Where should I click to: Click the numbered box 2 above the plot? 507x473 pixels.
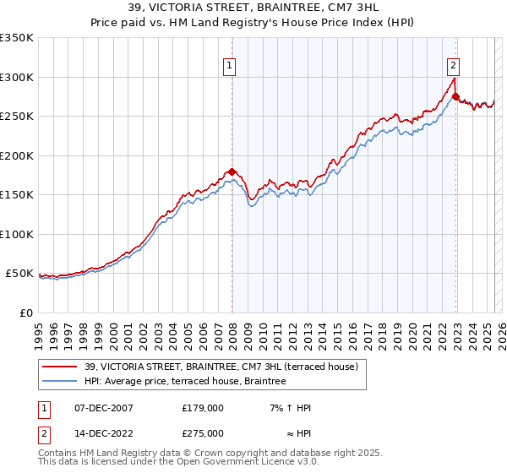(x=454, y=64)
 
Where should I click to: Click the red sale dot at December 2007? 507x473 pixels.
(x=232, y=171)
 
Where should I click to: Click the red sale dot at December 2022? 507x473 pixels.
(x=456, y=97)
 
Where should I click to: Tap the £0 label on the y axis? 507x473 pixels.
(x=25, y=313)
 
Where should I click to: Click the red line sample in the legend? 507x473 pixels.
(x=60, y=367)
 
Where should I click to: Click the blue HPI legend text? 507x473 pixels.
(x=185, y=381)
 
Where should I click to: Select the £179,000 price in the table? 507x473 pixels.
(x=202, y=408)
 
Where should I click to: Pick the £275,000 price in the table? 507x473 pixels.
(x=202, y=432)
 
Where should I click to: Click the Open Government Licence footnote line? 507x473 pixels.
(x=178, y=462)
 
